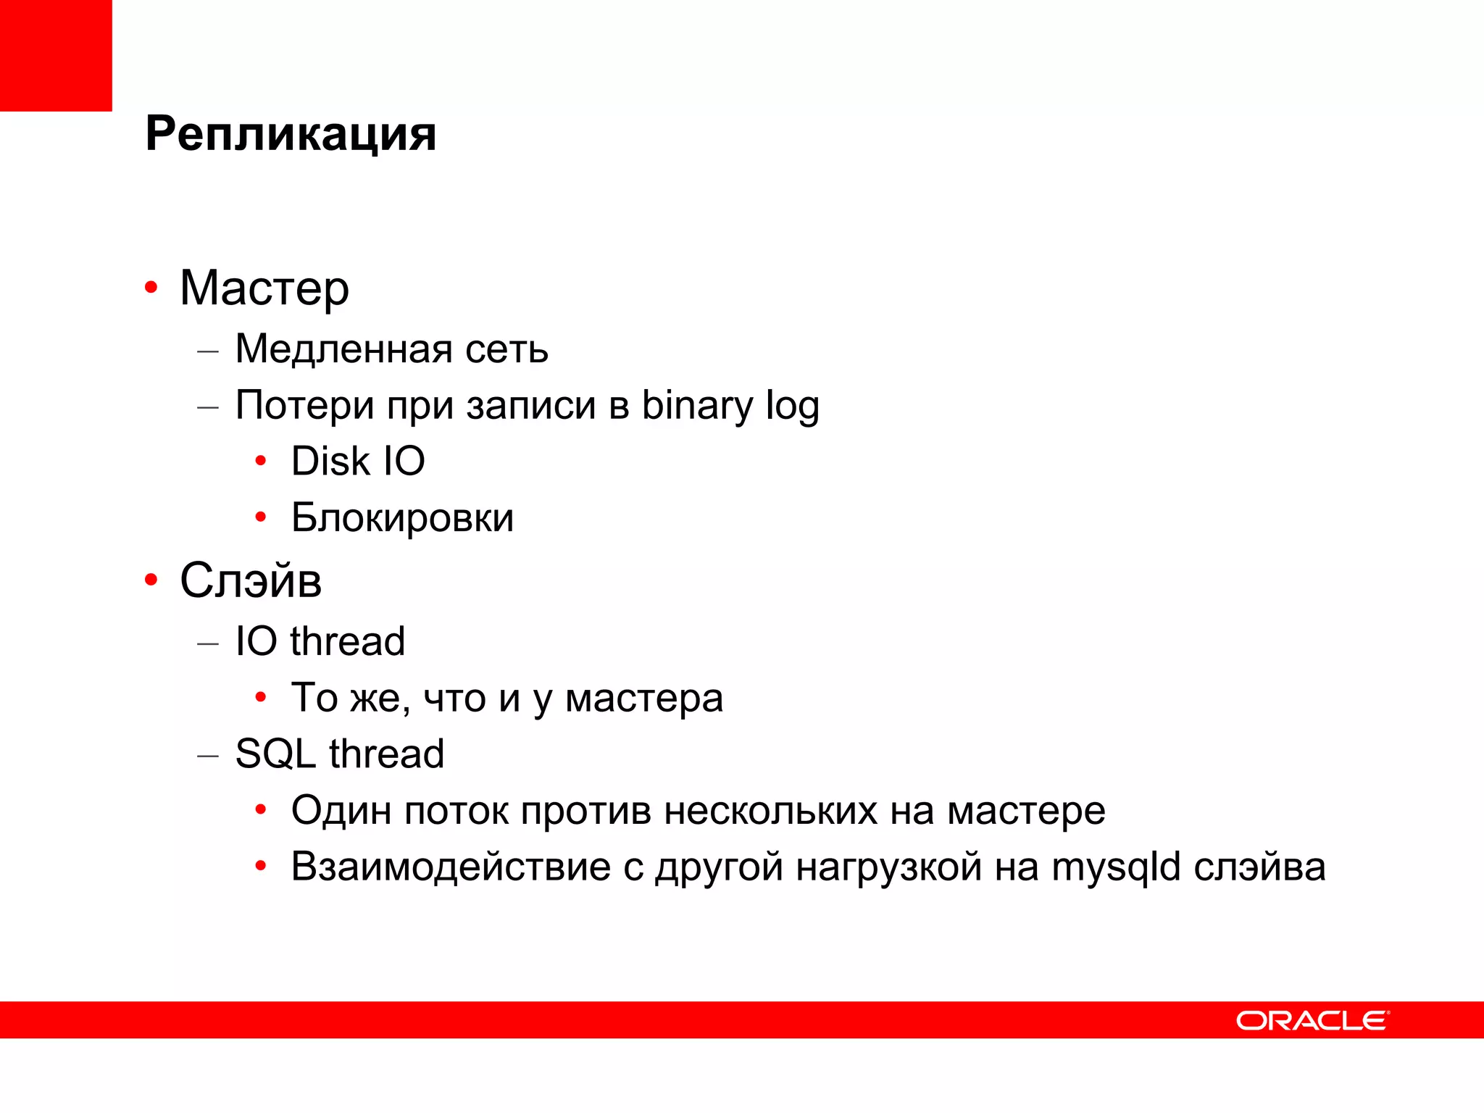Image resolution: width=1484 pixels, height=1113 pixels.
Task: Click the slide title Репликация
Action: coord(291,134)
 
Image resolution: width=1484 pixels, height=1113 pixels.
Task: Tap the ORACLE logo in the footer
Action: coord(1312,1020)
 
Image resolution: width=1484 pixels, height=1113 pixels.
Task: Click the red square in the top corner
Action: coord(56,56)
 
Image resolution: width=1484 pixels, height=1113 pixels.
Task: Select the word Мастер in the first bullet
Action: coord(264,288)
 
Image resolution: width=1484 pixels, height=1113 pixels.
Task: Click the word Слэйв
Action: coord(251,580)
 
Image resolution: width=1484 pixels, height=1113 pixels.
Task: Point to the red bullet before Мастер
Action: coord(151,288)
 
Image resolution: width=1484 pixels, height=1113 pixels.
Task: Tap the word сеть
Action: coord(507,349)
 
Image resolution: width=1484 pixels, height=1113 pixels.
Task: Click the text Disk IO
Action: coord(358,462)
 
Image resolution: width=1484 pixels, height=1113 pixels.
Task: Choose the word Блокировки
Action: coord(402,518)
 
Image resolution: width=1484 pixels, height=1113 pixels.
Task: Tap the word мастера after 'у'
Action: coord(643,699)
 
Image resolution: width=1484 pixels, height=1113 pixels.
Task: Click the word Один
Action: coord(341,810)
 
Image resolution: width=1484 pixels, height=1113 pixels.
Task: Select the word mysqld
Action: coord(1116,867)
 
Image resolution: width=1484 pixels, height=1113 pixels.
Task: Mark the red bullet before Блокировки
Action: coord(261,517)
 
